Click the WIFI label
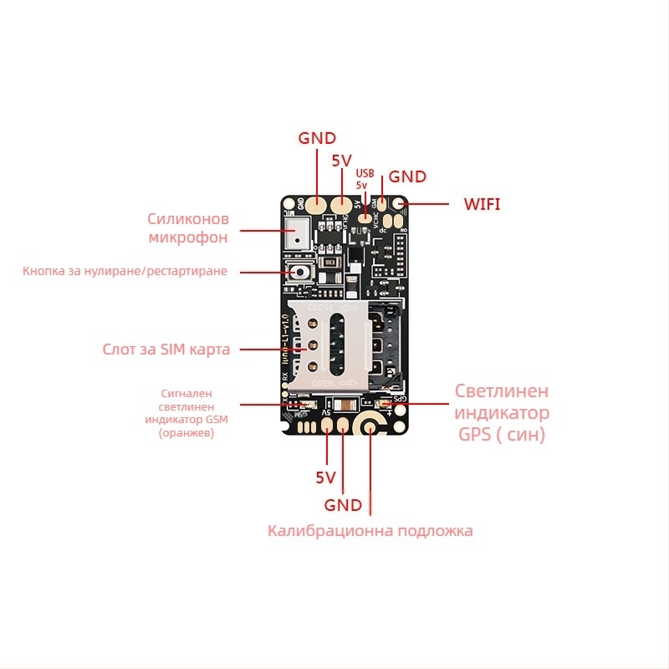click(483, 203)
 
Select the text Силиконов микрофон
click(188, 227)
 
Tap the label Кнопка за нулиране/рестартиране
click(125, 271)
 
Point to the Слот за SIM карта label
click(166, 350)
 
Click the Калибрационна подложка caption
click(370, 531)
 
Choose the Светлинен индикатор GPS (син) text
click(503, 412)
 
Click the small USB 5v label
click(362, 178)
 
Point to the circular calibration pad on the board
click(370, 426)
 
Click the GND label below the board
click(343, 505)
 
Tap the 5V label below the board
click(325, 478)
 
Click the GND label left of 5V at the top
click(317, 138)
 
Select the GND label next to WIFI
click(407, 176)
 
